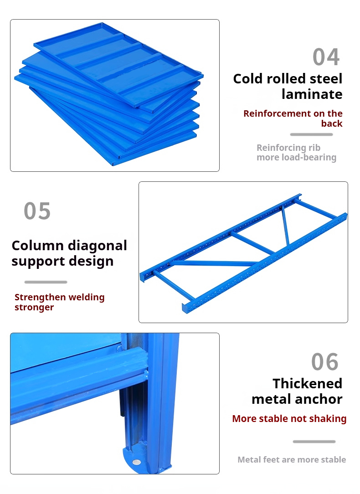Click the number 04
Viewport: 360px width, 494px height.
click(x=326, y=57)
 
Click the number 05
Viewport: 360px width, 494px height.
click(x=37, y=211)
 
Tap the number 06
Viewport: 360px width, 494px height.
click(x=325, y=362)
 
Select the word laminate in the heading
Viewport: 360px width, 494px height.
click(x=312, y=94)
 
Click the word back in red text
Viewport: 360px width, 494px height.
click(x=332, y=123)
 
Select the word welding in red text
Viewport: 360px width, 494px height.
click(x=86, y=298)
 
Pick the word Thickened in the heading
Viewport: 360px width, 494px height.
click(x=307, y=384)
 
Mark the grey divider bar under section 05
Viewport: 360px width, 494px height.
click(x=46, y=282)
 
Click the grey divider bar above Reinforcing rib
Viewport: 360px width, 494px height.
click(x=311, y=134)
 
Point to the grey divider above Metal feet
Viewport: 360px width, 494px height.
click(x=314, y=442)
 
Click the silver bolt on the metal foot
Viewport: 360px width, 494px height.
click(x=136, y=462)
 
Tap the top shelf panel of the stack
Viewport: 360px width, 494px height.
click(x=118, y=64)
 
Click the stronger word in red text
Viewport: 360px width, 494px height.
click(x=34, y=308)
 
